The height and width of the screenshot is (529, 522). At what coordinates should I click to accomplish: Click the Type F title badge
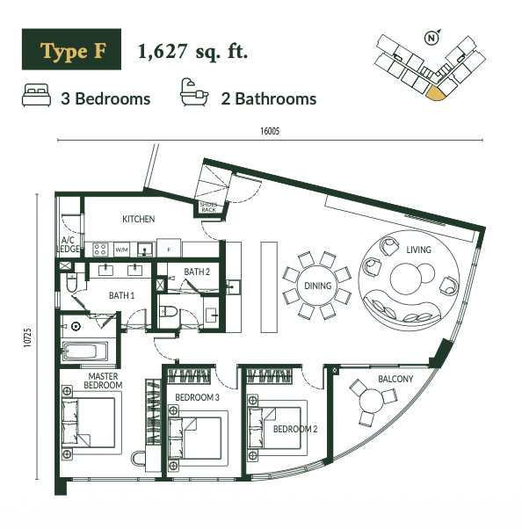click(71, 49)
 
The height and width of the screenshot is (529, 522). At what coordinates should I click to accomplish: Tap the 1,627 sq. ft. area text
click(192, 52)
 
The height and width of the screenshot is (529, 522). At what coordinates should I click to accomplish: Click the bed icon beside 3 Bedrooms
click(36, 95)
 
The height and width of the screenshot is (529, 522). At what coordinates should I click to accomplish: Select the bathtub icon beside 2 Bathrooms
click(194, 92)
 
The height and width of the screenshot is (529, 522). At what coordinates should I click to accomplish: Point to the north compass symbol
click(431, 38)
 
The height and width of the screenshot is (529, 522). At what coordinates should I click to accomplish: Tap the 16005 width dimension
click(270, 131)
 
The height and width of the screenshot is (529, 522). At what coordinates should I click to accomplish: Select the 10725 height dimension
click(27, 337)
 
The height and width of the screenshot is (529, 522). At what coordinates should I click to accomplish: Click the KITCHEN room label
click(138, 220)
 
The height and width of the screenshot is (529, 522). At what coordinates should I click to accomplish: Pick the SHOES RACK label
click(208, 207)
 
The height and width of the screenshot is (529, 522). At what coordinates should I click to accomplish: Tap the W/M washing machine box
click(121, 250)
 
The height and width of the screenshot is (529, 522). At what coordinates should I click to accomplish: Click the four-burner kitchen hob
click(100, 250)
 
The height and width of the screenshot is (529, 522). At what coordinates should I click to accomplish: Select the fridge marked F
click(169, 249)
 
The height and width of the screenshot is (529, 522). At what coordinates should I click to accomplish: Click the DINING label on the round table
click(318, 286)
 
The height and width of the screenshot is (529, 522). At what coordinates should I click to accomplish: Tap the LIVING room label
click(418, 250)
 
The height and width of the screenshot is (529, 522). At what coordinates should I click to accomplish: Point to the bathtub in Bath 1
click(86, 351)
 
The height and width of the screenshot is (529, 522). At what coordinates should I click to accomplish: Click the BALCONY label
click(395, 379)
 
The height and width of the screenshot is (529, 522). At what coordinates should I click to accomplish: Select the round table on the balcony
click(371, 401)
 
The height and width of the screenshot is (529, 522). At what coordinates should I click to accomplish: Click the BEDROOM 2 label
click(295, 429)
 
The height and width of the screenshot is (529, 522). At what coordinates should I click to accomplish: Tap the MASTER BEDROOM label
click(103, 380)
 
